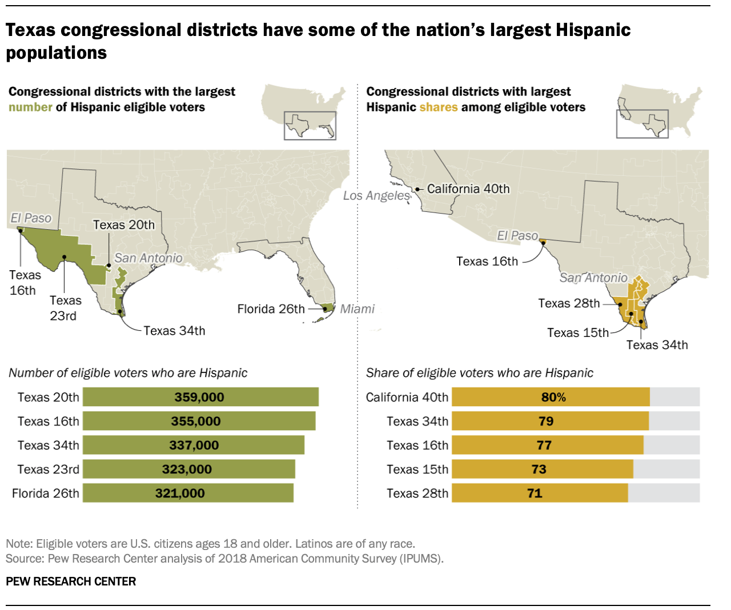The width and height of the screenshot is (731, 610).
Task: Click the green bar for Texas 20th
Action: tap(200, 397)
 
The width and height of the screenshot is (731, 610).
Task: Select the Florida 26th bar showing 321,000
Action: tap(188, 493)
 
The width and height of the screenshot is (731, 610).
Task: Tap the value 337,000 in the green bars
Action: tap(194, 445)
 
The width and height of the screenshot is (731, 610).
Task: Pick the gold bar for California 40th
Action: tap(551, 397)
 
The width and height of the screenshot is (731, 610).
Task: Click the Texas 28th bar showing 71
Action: tap(540, 493)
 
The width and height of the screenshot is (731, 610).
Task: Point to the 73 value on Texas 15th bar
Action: tap(539, 469)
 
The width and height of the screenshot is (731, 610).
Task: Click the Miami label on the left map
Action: tap(357, 309)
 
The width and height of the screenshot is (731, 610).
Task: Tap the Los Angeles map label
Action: tap(376, 195)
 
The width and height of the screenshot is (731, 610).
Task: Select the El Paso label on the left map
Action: tap(31, 218)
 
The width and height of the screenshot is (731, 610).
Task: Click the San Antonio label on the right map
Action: tap(593, 278)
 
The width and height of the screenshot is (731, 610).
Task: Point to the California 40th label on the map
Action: tap(468, 189)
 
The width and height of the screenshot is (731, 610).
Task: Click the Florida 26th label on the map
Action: tap(271, 309)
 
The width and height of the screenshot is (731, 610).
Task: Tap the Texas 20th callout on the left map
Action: tap(124, 225)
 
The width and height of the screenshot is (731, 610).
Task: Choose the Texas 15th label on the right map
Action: tap(577, 332)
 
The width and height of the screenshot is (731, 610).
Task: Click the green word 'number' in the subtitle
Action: tap(30, 107)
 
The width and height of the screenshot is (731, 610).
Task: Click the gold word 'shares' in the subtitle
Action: tap(438, 107)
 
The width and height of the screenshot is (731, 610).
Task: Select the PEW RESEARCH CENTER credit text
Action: tap(71, 581)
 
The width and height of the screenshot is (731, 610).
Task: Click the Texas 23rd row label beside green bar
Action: tap(49, 469)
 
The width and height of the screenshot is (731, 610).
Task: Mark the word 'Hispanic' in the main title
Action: tap(593, 30)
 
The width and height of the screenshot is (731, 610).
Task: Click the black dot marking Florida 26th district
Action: tap(325, 309)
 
